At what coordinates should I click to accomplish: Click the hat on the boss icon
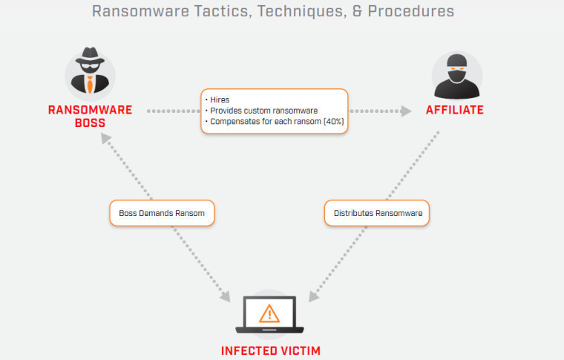coord(90,59)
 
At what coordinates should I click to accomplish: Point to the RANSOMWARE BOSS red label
coord(90,117)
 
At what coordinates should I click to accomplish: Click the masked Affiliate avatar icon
coord(456,75)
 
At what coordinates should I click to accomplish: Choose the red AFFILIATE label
coord(455,111)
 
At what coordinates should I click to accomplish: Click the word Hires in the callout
coord(220,99)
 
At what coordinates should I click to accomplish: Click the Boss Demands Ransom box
coord(161,213)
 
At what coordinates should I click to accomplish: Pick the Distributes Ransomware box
coord(378,213)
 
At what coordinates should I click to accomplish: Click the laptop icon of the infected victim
coord(270,316)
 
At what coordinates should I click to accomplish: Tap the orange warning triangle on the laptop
coord(270,312)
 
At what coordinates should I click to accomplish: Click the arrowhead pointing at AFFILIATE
coord(405,111)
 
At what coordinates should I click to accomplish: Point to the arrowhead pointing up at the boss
coord(106,140)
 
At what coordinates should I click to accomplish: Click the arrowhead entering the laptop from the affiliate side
coord(314,295)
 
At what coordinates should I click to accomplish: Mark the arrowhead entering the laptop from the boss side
coord(226,296)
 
